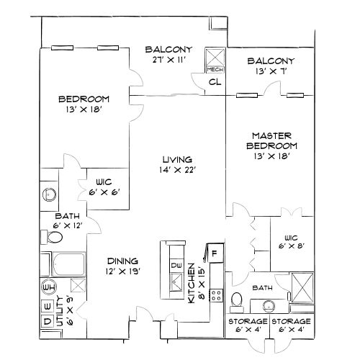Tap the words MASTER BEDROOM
coord(270,140)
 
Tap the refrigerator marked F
coord(213,254)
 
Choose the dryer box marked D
coord(48,320)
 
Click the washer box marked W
coord(48,303)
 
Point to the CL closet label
coord(214,82)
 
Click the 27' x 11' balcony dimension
coord(168,61)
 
